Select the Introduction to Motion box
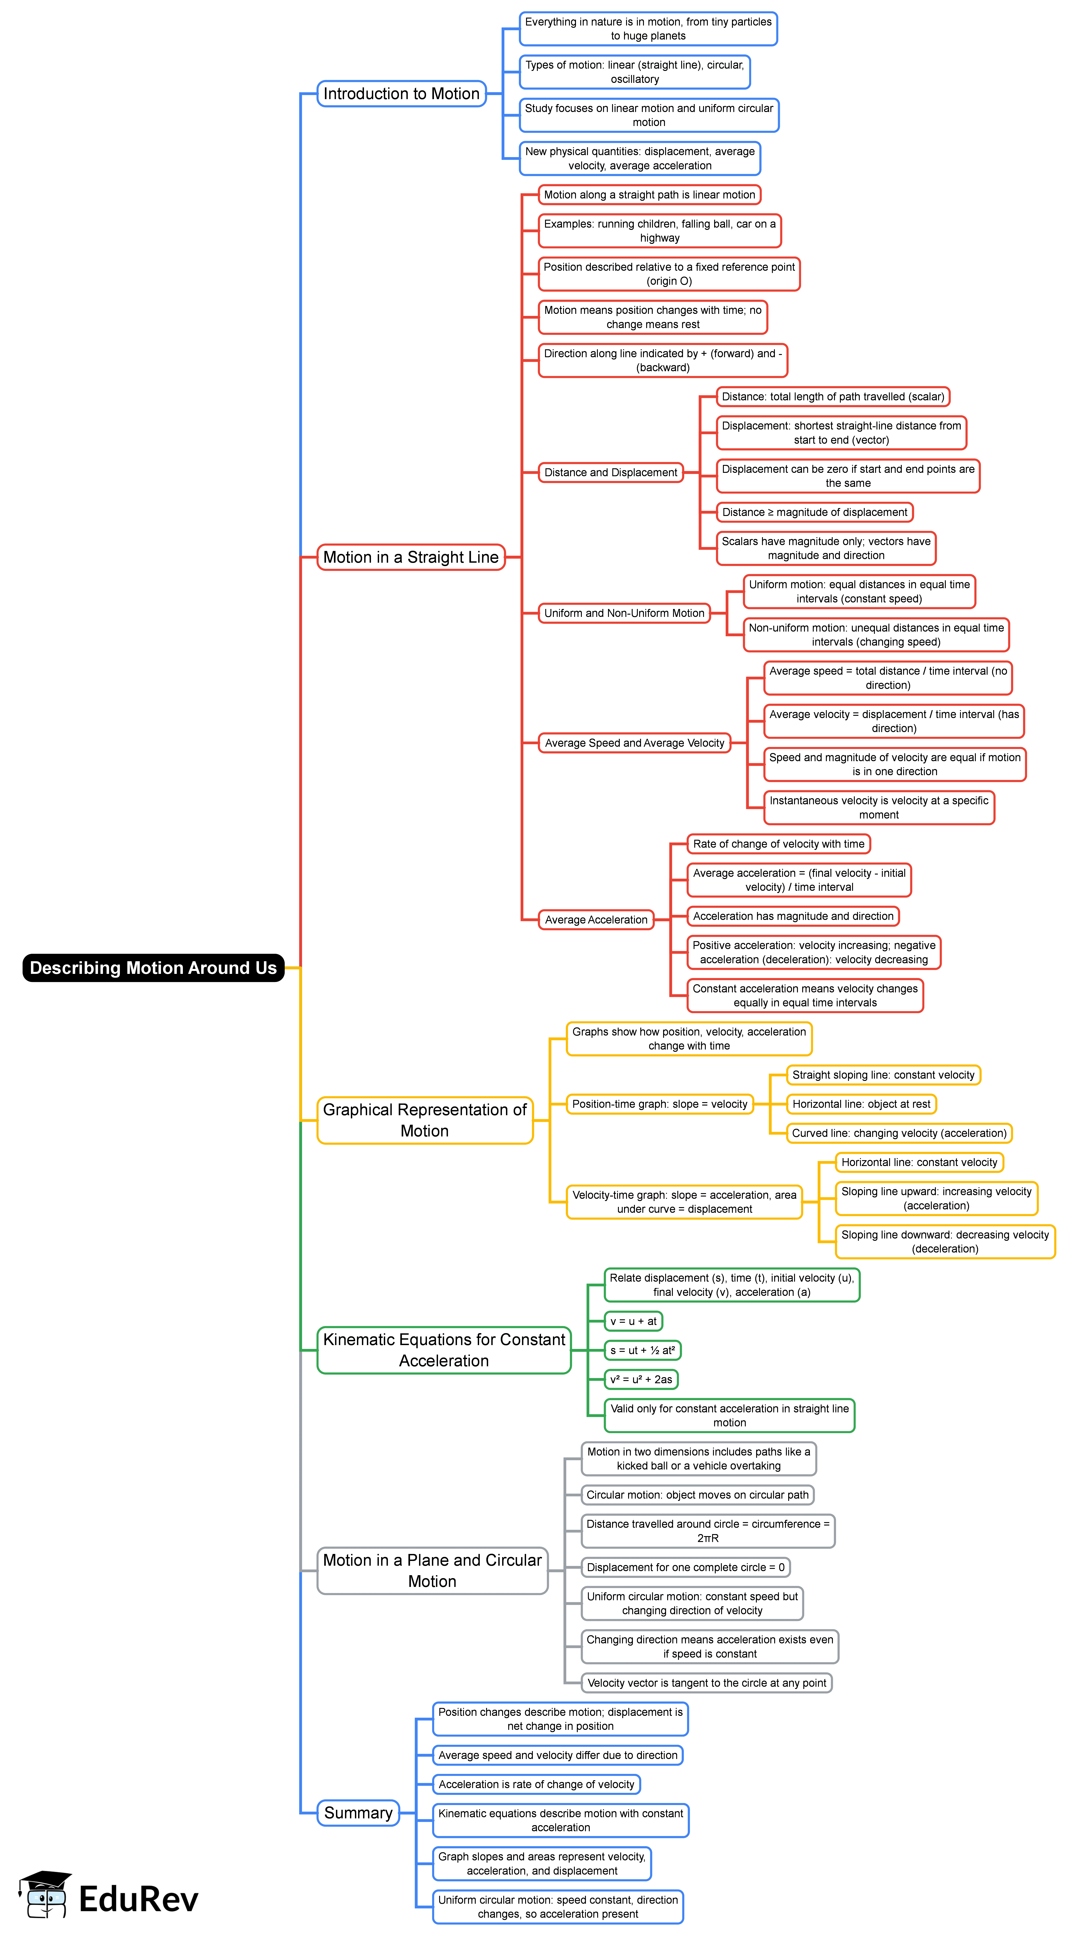401,94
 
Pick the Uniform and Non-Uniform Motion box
624,613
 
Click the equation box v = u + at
633,1321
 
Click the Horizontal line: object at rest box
861,1104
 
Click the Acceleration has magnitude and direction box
793,916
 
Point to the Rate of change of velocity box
778,844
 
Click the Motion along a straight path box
649,195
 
